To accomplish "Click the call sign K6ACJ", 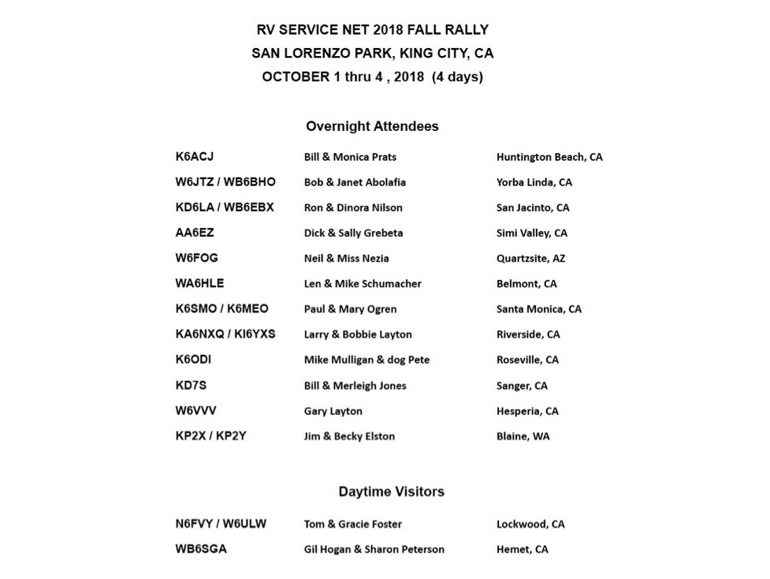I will pyautogui.click(x=194, y=157).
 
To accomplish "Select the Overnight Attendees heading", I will pyautogui.click(x=372, y=126).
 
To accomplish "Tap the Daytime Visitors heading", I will pyautogui.click(x=391, y=491).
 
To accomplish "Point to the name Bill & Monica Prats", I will pyautogui.click(x=350, y=157).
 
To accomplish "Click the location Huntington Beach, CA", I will pyautogui.click(x=549, y=157).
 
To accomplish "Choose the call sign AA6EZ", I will pyautogui.click(x=194, y=233).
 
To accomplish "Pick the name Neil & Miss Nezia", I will pyautogui.click(x=346, y=258).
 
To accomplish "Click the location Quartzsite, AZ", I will pyautogui.click(x=530, y=258).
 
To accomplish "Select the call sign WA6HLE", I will pyautogui.click(x=199, y=283).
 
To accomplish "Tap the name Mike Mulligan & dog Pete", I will pyautogui.click(x=366, y=360).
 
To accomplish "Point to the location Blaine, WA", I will pyautogui.click(x=523, y=436).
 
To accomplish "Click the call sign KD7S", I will pyautogui.click(x=191, y=385).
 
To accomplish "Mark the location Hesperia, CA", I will pyautogui.click(x=526, y=411).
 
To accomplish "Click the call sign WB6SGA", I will pyautogui.click(x=200, y=549).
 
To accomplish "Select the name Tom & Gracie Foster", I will pyautogui.click(x=352, y=524).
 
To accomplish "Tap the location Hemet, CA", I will pyautogui.click(x=522, y=549).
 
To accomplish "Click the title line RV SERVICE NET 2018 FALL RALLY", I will pyautogui.click(x=372, y=30).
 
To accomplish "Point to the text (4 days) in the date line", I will pyautogui.click(x=457, y=77).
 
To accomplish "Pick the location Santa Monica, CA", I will pyautogui.click(x=538, y=309).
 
